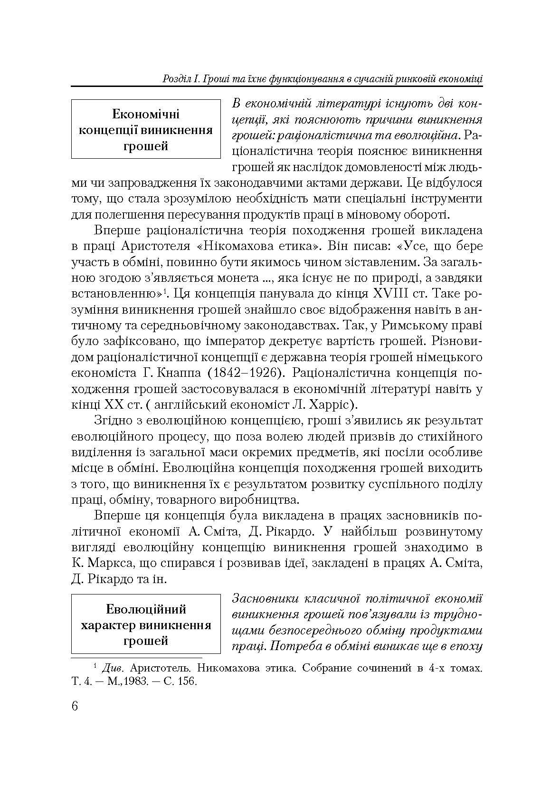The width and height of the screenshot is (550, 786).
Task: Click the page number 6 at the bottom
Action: [75, 705]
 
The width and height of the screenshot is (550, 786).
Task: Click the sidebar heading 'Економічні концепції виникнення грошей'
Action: [146, 130]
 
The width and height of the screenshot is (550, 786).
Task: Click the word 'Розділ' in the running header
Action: [176, 79]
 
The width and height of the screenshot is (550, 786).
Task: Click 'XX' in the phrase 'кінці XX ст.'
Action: [115, 405]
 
